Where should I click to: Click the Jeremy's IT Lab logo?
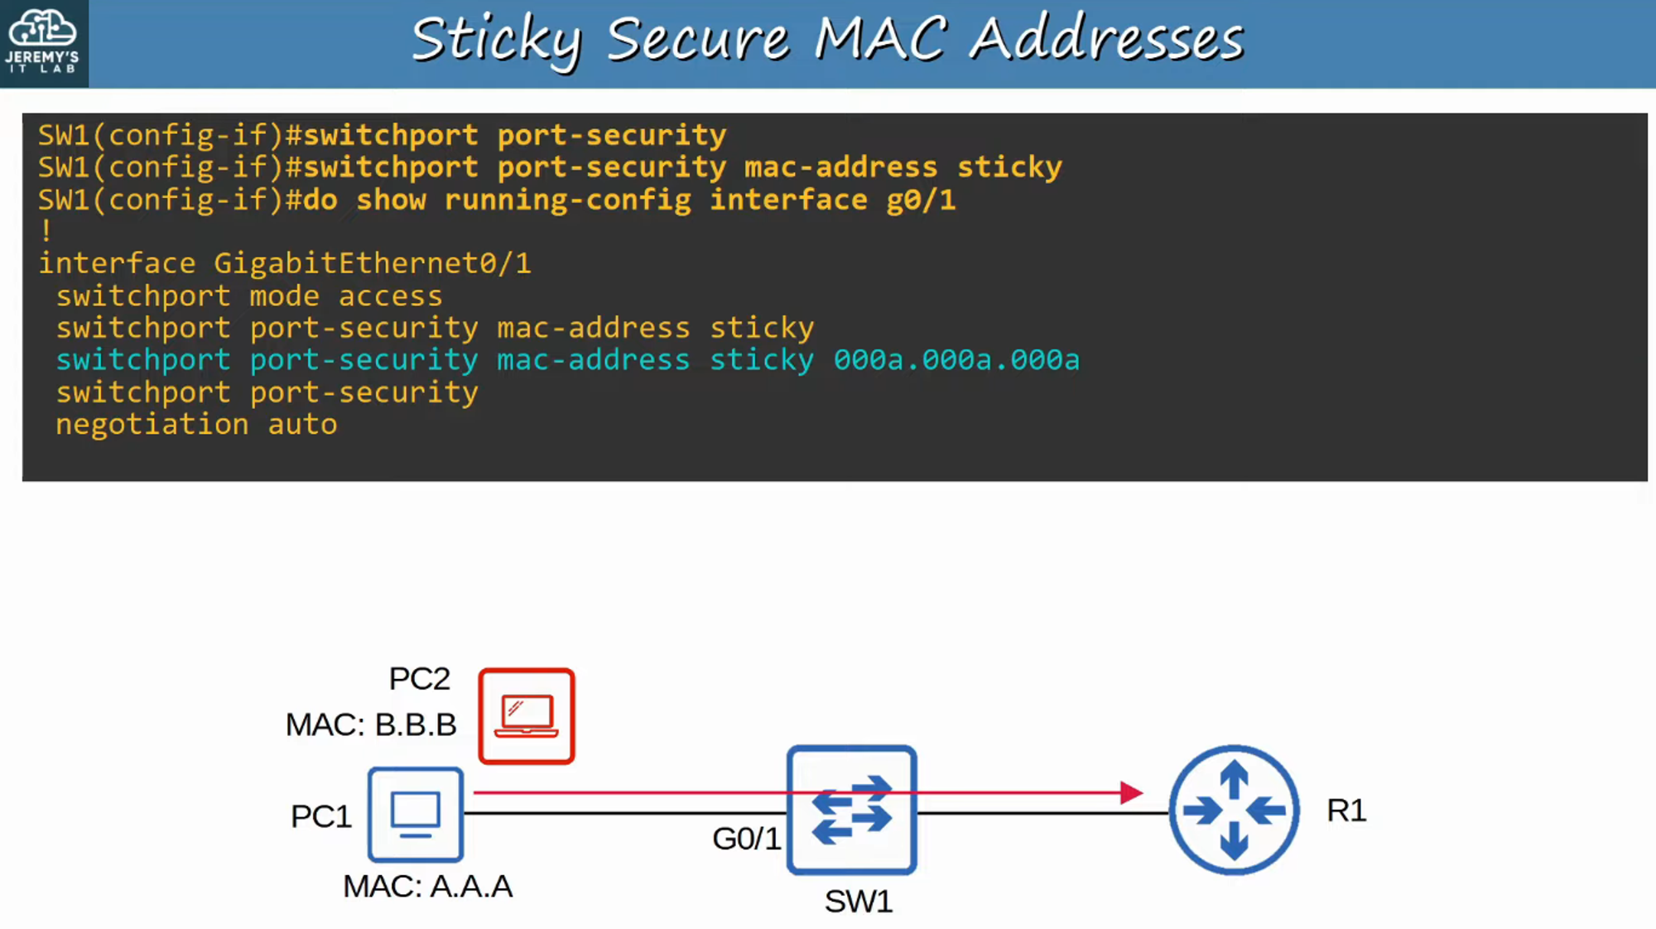pos(43,41)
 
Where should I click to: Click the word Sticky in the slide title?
pos(497,40)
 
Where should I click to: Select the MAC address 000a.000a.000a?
pos(956,360)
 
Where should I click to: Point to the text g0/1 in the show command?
pos(921,200)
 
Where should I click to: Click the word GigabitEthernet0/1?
pos(372,264)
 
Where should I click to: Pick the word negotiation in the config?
pos(152,425)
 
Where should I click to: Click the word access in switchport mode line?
pos(390,296)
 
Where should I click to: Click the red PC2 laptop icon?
pos(527,716)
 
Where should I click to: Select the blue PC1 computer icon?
pos(416,814)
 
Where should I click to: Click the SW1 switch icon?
pos(852,810)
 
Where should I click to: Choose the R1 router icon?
pos(1234,810)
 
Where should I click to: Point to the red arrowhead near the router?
pos(1131,792)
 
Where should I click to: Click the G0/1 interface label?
pos(746,839)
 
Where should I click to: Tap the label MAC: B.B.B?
pos(371,725)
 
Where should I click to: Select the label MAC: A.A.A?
pos(427,887)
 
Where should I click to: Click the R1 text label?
pos(1346,811)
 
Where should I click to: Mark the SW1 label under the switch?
pos(859,902)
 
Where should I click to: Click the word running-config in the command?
pos(567,200)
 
